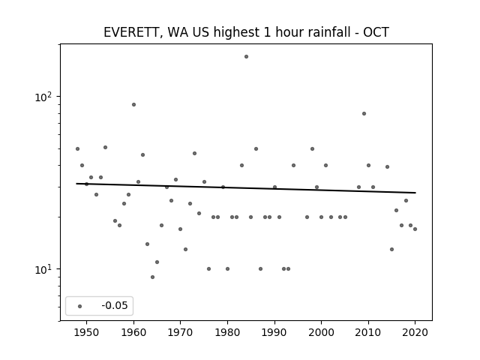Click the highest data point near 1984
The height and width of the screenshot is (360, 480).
click(x=246, y=57)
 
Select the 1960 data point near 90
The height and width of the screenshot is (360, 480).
click(x=133, y=105)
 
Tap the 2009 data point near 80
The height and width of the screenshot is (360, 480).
click(x=364, y=113)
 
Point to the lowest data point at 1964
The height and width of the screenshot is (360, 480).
click(x=152, y=277)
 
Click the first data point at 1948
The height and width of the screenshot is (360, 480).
click(x=77, y=148)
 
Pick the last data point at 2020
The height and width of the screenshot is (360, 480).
click(x=415, y=229)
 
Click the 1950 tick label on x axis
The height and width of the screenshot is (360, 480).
click(x=87, y=332)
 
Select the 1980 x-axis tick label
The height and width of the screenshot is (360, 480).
click(x=227, y=332)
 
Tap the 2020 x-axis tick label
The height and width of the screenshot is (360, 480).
click(x=415, y=332)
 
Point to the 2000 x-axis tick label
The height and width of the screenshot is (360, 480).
click(x=322, y=332)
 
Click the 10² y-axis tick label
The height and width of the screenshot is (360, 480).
click(x=43, y=97)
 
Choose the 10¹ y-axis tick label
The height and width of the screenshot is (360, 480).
click(x=43, y=269)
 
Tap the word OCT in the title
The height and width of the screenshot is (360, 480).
click(x=376, y=32)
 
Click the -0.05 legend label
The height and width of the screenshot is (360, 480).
click(x=115, y=305)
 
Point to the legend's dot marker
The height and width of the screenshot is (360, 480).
click(x=80, y=306)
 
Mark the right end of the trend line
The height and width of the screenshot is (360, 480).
click(x=415, y=193)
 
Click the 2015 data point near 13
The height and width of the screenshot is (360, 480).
click(x=391, y=250)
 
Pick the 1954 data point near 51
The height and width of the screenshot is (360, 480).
click(x=105, y=147)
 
